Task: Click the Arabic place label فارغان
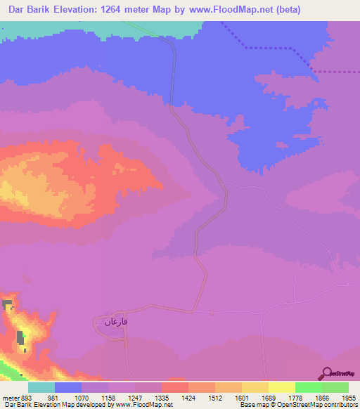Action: pos(117,322)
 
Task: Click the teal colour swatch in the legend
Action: pos(41,387)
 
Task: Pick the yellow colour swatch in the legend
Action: pos(281,387)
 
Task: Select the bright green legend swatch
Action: pos(308,387)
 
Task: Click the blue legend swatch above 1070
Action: pos(68,387)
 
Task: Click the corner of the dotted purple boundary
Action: pos(311,70)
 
